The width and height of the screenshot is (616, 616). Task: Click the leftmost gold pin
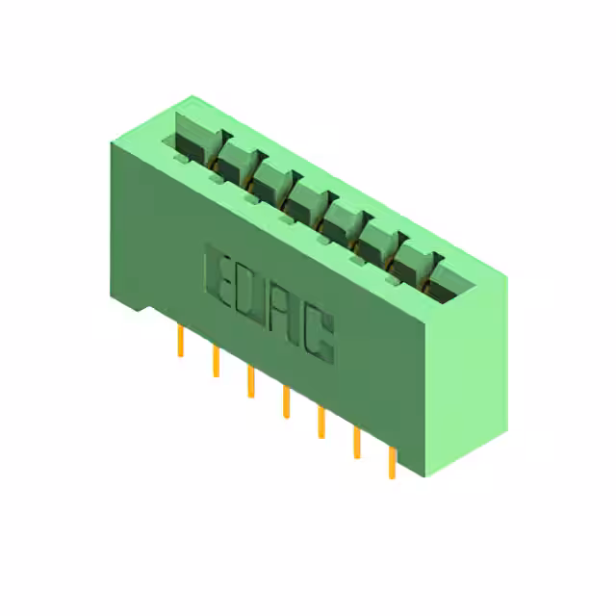pos(180,340)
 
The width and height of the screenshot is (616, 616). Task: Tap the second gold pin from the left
pos(216,361)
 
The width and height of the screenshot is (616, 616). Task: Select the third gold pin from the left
pos(251,381)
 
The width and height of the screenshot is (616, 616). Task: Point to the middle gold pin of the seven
pos(287,401)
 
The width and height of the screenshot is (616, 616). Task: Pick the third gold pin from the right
pos(321,422)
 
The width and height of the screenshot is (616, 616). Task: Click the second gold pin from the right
pos(357,443)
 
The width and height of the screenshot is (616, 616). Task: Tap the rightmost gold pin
pos(392,463)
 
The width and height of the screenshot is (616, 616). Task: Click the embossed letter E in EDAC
pos(218,276)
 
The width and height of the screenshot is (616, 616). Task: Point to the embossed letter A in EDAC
pos(282,315)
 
